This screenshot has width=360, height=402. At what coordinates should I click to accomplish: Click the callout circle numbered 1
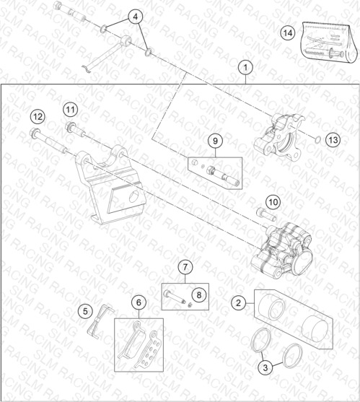point(245,68)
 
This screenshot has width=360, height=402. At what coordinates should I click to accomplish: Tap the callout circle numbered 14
point(288,33)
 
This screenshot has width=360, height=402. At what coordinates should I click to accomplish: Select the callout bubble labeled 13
point(333,140)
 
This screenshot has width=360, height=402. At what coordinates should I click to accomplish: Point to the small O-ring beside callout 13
point(317,140)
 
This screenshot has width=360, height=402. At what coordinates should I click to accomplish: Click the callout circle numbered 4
point(136,17)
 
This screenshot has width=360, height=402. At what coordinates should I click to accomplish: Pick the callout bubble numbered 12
point(38,117)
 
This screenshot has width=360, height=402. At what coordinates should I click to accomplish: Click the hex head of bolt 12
point(35,132)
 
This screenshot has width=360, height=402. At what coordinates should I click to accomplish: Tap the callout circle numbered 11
point(71,110)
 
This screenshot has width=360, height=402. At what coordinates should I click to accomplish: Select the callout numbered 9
point(215,141)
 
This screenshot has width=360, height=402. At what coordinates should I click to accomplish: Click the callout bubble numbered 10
point(273,202)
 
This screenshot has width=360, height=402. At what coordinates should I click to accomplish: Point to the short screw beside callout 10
point(266,215)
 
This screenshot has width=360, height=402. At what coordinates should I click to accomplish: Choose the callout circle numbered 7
point(185,267)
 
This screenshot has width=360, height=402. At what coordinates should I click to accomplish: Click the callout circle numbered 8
point(199,295)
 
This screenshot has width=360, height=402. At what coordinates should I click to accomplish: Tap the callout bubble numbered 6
point(139,302)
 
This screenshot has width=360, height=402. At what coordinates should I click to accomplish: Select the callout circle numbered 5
point(85,311)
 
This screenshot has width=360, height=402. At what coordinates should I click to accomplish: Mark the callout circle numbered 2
point(238,303)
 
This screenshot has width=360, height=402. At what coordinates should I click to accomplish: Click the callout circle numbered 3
point(265,367)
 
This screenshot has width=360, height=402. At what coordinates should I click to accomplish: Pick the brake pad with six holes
point(150,349)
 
